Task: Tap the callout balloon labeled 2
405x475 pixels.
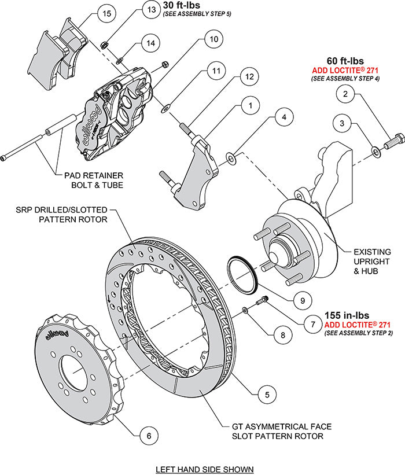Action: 345,93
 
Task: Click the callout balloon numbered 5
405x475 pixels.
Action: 266,395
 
